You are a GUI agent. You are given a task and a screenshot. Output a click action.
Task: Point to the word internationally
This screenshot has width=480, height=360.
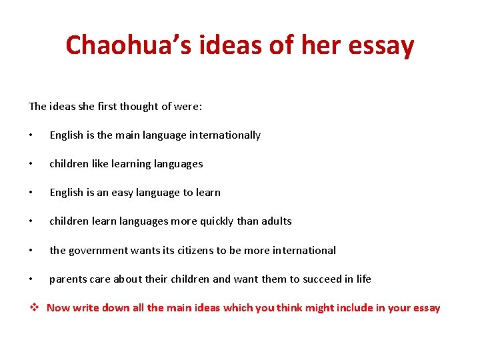point(225,135)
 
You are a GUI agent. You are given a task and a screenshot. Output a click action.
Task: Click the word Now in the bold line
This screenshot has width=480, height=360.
point(58,307)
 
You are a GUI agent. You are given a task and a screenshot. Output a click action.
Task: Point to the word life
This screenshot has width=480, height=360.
point(363,279)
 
